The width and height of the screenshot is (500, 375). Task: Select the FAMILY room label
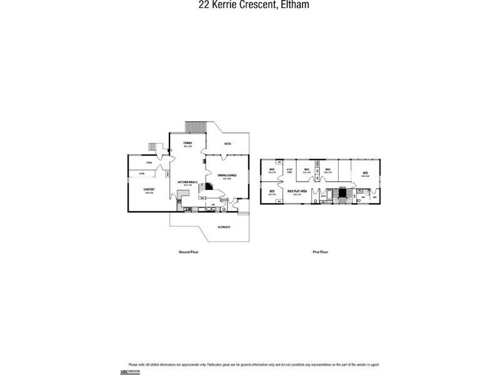point(187,143)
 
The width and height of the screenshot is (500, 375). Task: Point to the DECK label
point(227,143)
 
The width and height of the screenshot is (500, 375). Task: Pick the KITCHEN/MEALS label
point(187,182)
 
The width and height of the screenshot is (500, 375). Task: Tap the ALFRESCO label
point(223,226)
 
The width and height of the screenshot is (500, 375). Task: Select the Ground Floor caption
point(188,252)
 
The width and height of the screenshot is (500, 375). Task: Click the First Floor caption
point(320,252)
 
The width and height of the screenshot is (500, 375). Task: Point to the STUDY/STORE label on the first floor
point(289,170)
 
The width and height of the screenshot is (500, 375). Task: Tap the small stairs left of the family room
point(152,147)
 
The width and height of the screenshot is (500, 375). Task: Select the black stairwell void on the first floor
point(341,197)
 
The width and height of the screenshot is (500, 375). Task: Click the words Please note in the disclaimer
point(136,364)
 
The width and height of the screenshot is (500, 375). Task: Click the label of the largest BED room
point(365,173)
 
